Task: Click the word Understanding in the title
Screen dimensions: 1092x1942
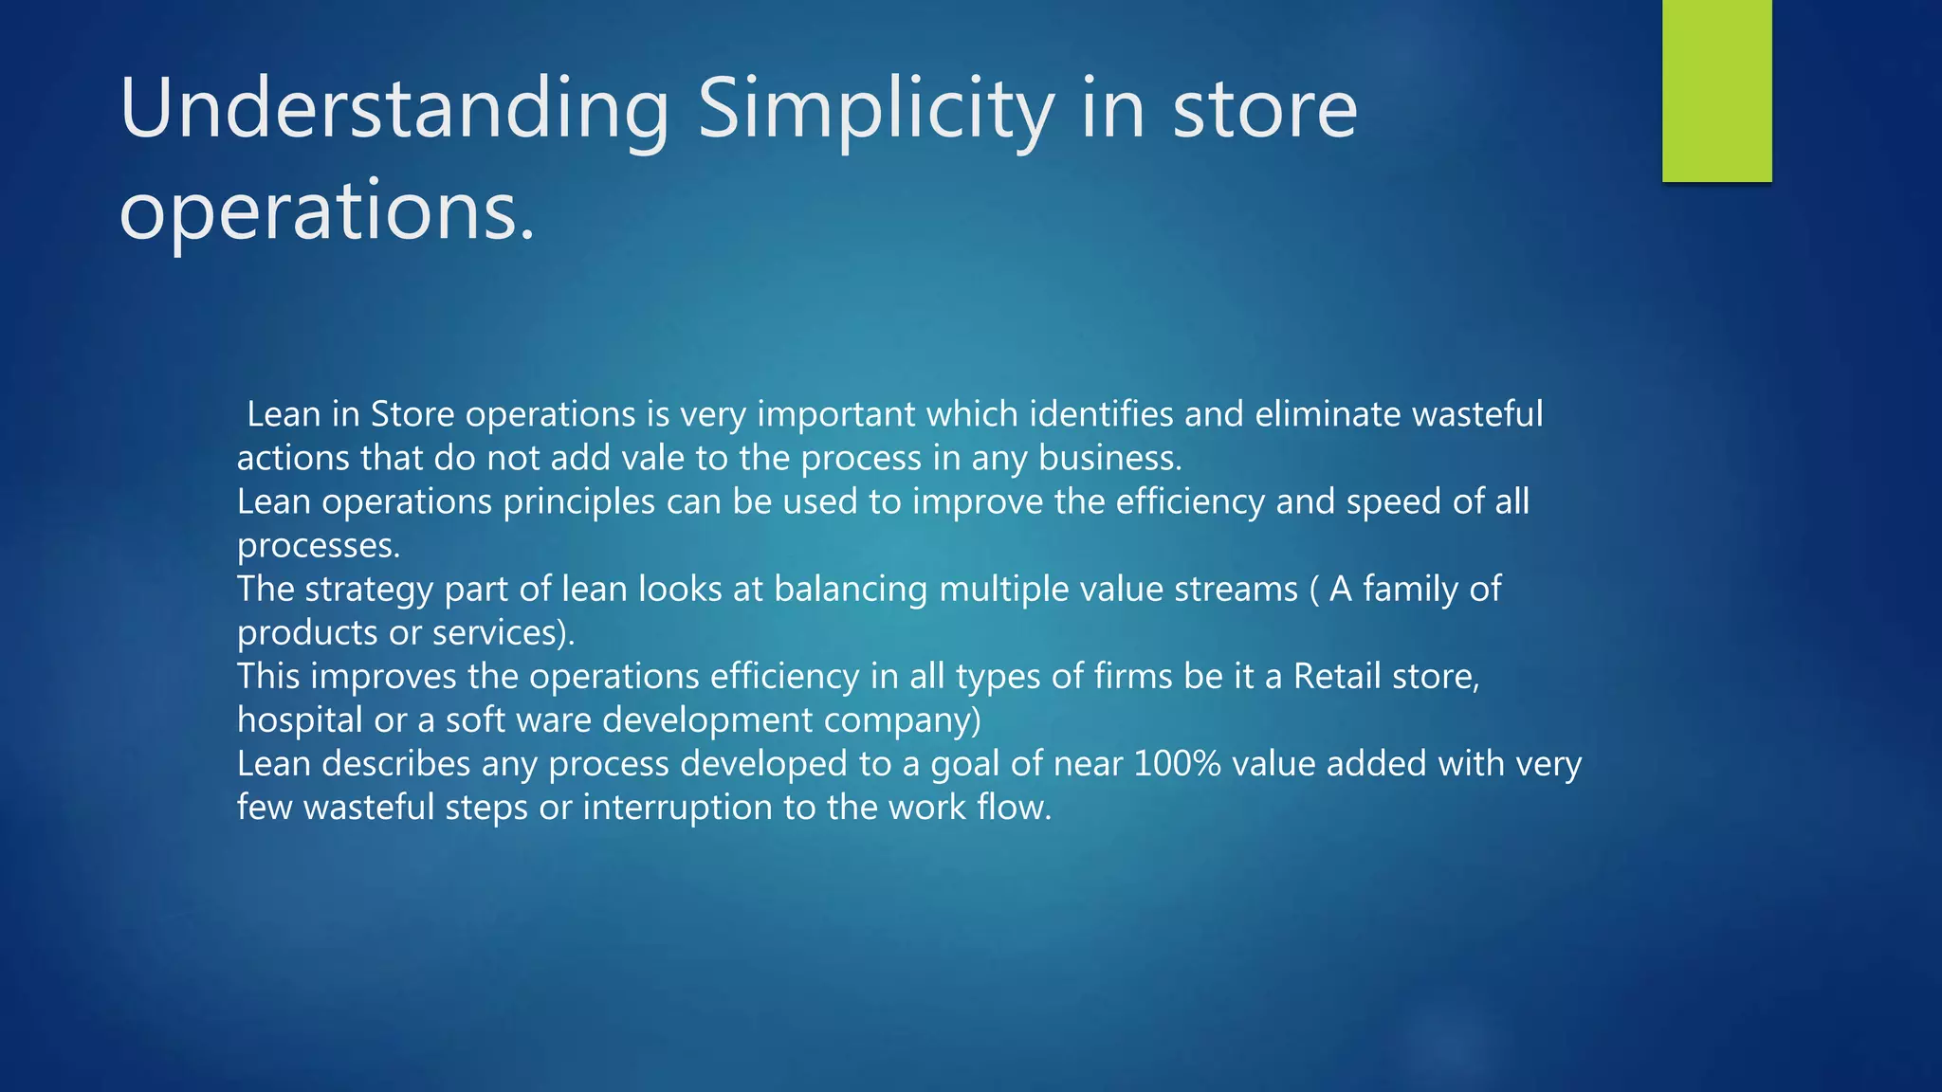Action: click(394, 110)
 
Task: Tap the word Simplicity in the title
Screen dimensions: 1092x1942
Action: click(875, 110)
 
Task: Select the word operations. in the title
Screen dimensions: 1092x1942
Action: click(327, 210)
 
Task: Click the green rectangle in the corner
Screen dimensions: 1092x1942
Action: click(1716, 90)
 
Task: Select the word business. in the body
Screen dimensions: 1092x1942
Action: click(1110, 458)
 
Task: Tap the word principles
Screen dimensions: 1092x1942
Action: click(578, 501)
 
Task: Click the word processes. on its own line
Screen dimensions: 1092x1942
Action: click(319, 546)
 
